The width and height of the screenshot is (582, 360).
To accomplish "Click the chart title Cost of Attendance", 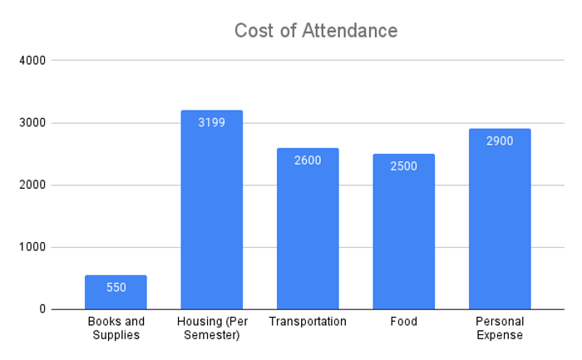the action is pyautogui.click(x=316, y=31).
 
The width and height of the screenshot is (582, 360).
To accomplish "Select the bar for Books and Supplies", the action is pyautogui.click(x=116, y=292).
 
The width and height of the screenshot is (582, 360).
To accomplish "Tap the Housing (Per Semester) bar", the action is pyautogui.click(x=212, y=210).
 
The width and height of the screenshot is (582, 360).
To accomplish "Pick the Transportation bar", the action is pyautogui.click(x=308, y=229).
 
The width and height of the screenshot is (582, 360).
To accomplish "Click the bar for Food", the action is pyautogui.click(x=404, y=232).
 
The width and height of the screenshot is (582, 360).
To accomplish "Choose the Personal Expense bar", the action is pyautogui.click(x=500, y=219).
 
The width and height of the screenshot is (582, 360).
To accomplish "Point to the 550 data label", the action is pyautogui.click(x=116, y=288).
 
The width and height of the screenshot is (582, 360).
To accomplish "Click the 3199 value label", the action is pyautogui.click(x=211, y=122).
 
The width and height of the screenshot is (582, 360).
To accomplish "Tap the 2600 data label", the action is pyautogui.click(x=308, y=160).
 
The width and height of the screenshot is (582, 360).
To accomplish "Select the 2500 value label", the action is pyautogui.click(x=404, y=166).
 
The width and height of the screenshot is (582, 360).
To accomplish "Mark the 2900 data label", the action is pyautogui.click(x=500, y=141).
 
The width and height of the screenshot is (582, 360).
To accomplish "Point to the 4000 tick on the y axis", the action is pyautogui.click(x=32, y=61).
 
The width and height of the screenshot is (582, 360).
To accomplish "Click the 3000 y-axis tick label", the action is pyautogui.click(x=32, y=123).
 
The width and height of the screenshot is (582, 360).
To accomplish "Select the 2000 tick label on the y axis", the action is pyautogui.click(x=32, y=185).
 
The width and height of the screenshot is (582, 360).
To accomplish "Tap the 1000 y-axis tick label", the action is pyautogui.click(x=32, y=247).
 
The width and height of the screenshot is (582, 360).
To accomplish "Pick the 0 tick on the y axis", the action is pyautogui.click(x=42, y=309).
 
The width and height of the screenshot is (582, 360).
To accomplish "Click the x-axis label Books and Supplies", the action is pyautogui.click(x=116, y=328).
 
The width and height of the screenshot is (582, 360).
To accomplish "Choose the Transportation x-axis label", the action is pyautogui.click(x=308, y=322).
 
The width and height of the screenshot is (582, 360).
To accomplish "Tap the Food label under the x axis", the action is pyautogui.click(x=404, y=322).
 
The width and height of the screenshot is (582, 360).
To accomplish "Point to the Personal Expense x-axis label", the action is pyautogui.click(x=500, y=328).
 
